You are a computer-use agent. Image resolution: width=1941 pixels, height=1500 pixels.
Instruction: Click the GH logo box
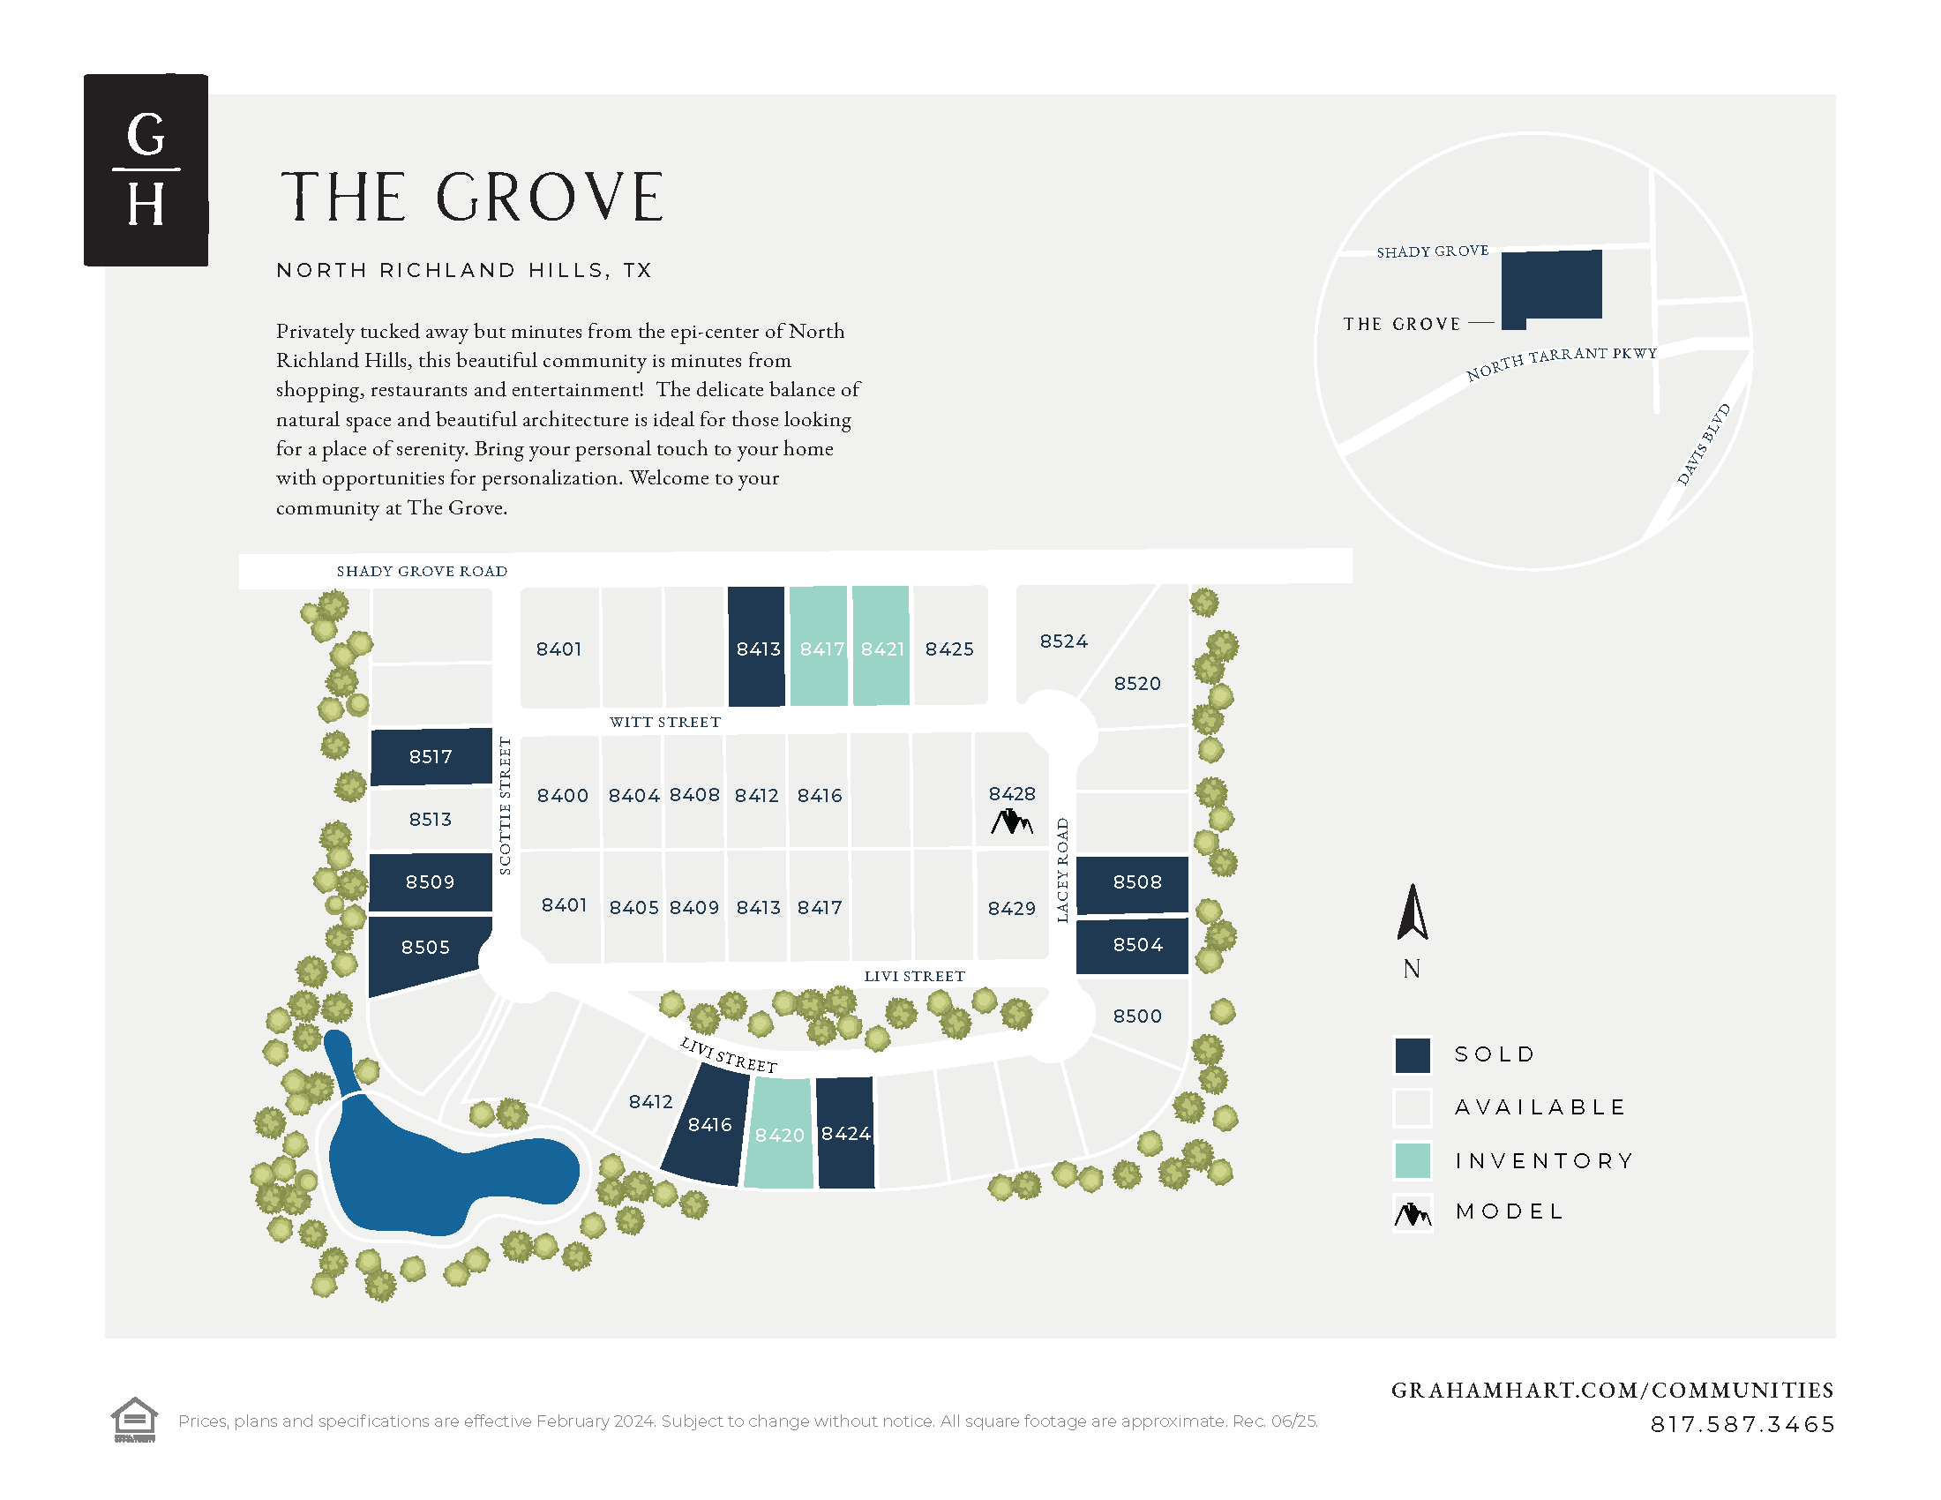146,169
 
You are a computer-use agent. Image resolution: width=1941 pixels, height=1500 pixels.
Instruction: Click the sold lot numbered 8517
431,756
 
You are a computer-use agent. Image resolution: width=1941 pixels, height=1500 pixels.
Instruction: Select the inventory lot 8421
881,647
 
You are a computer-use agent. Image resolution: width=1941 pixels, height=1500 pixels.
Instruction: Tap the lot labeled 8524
1063,641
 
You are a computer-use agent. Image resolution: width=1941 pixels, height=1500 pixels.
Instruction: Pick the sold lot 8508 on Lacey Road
1132,883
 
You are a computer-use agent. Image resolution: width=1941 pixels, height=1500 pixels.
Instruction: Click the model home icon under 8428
1011,822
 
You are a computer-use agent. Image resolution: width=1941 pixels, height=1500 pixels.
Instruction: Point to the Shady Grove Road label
421,572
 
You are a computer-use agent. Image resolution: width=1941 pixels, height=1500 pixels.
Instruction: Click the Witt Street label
664,722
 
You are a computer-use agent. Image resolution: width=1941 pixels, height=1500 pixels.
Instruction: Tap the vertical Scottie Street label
505,806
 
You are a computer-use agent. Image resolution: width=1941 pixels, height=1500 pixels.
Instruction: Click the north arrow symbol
1412,913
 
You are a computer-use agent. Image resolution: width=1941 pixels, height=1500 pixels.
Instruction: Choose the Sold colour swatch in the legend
1413,1054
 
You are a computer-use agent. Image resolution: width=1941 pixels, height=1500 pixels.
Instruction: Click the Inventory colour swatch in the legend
1413,1159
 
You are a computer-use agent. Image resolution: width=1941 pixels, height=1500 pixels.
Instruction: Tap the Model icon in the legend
1413,1212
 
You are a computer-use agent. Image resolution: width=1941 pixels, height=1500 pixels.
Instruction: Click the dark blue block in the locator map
1552,286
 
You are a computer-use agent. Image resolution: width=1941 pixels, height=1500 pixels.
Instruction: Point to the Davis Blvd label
1704,445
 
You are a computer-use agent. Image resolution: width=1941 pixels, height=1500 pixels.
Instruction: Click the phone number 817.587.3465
1742,1424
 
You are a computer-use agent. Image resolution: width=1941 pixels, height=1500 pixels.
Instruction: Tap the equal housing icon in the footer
134,1419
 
